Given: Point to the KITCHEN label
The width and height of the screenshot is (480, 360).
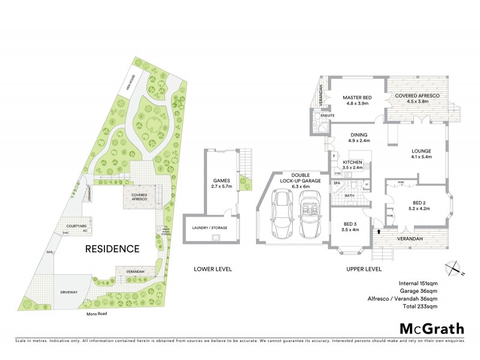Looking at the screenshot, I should click(353, 163).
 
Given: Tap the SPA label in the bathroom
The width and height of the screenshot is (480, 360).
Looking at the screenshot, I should click(337, 182).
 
